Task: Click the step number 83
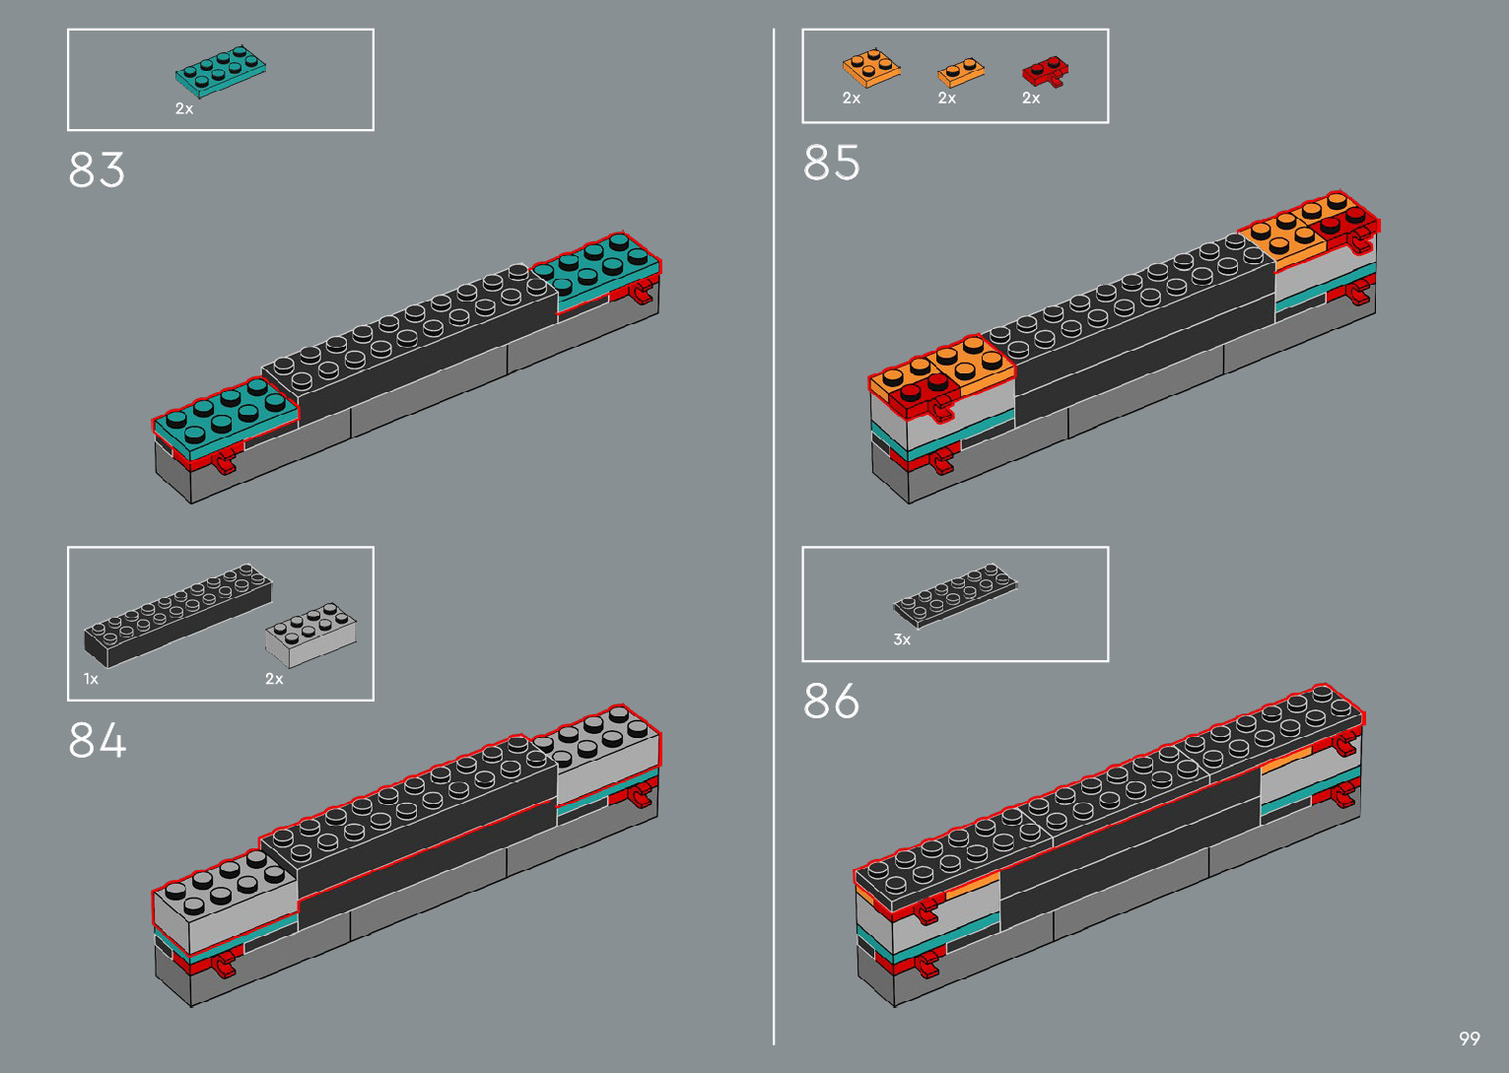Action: (x=97, y=169)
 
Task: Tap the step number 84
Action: (x=97, y=740)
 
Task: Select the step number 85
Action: (x=831, y=163)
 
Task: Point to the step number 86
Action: (x=831, y=702)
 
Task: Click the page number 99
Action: (x=1469, y=1039)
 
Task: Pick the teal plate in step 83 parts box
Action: (x=220, y=70)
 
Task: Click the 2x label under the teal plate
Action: (x=184, y=108)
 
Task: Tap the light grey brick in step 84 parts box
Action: (x=310, y=636)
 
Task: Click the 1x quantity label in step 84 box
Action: (x=91, y=679)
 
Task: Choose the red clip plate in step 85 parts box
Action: (x=1045, y=72)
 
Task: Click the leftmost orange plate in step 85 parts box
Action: (x=870, y=69)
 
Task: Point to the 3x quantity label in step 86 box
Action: (x=902, y=639)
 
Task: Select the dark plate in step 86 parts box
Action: (x=955, y=594)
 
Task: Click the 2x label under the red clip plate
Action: (x=1031, y=99)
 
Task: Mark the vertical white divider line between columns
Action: (x=774, y=537)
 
